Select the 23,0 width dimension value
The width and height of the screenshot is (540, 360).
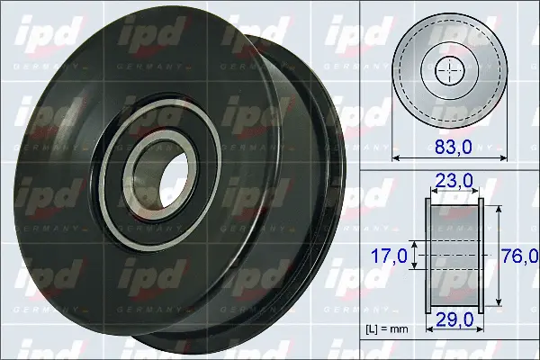coord(454,182)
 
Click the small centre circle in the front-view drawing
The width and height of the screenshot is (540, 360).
coord(447,70)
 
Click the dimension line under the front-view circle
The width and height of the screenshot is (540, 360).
coord(447,157)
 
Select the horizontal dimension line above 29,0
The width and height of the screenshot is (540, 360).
coord(454,307)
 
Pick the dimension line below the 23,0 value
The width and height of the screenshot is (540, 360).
coord(454,192)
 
